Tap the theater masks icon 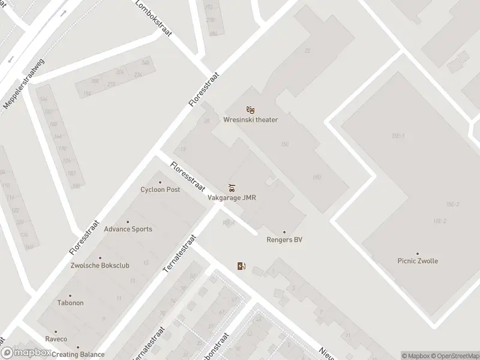click(x=251, y=109)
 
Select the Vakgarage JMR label click(x=232, y=197)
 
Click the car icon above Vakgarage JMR click(x=232, y=187)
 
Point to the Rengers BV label click(x=284, y=240)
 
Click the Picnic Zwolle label click(x=418, y=261)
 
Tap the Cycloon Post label click(x=160, y=190)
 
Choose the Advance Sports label click(x=128, y=229)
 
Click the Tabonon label click(x=70, y=303)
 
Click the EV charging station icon click(x=241, y=266)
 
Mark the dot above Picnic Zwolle click(x=418, y=253)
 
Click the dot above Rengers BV click(x=284, y=232)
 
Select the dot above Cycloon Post click(x=160, y=182)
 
